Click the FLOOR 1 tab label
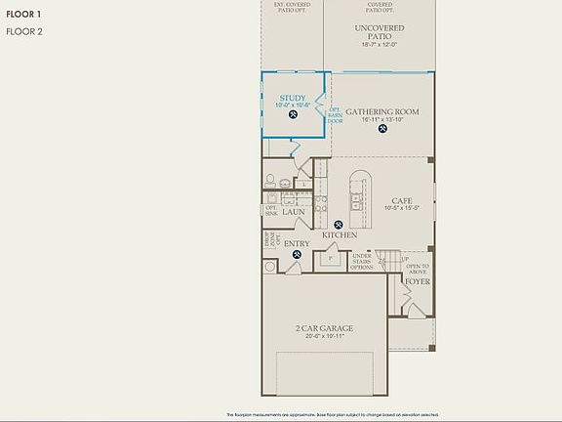(x=24, y=14)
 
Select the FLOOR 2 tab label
(x=24, y=32)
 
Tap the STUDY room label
(x=293, y=98)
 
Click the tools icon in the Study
(x=294, y=115)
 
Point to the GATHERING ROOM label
(x=381, y=111)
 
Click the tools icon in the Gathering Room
(x=382, y=128)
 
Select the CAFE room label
(x=401, y=200)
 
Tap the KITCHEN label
(x=339, y=235)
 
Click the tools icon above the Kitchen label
(x=340, y=223)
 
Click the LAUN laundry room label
(x=295, y=212)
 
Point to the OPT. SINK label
(x=270, y=210)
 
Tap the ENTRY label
(x=297, y=243)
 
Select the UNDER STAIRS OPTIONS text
(x=362, y=262)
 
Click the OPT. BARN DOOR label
(x=335, y=114)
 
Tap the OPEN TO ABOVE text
(x=418, y=269)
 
